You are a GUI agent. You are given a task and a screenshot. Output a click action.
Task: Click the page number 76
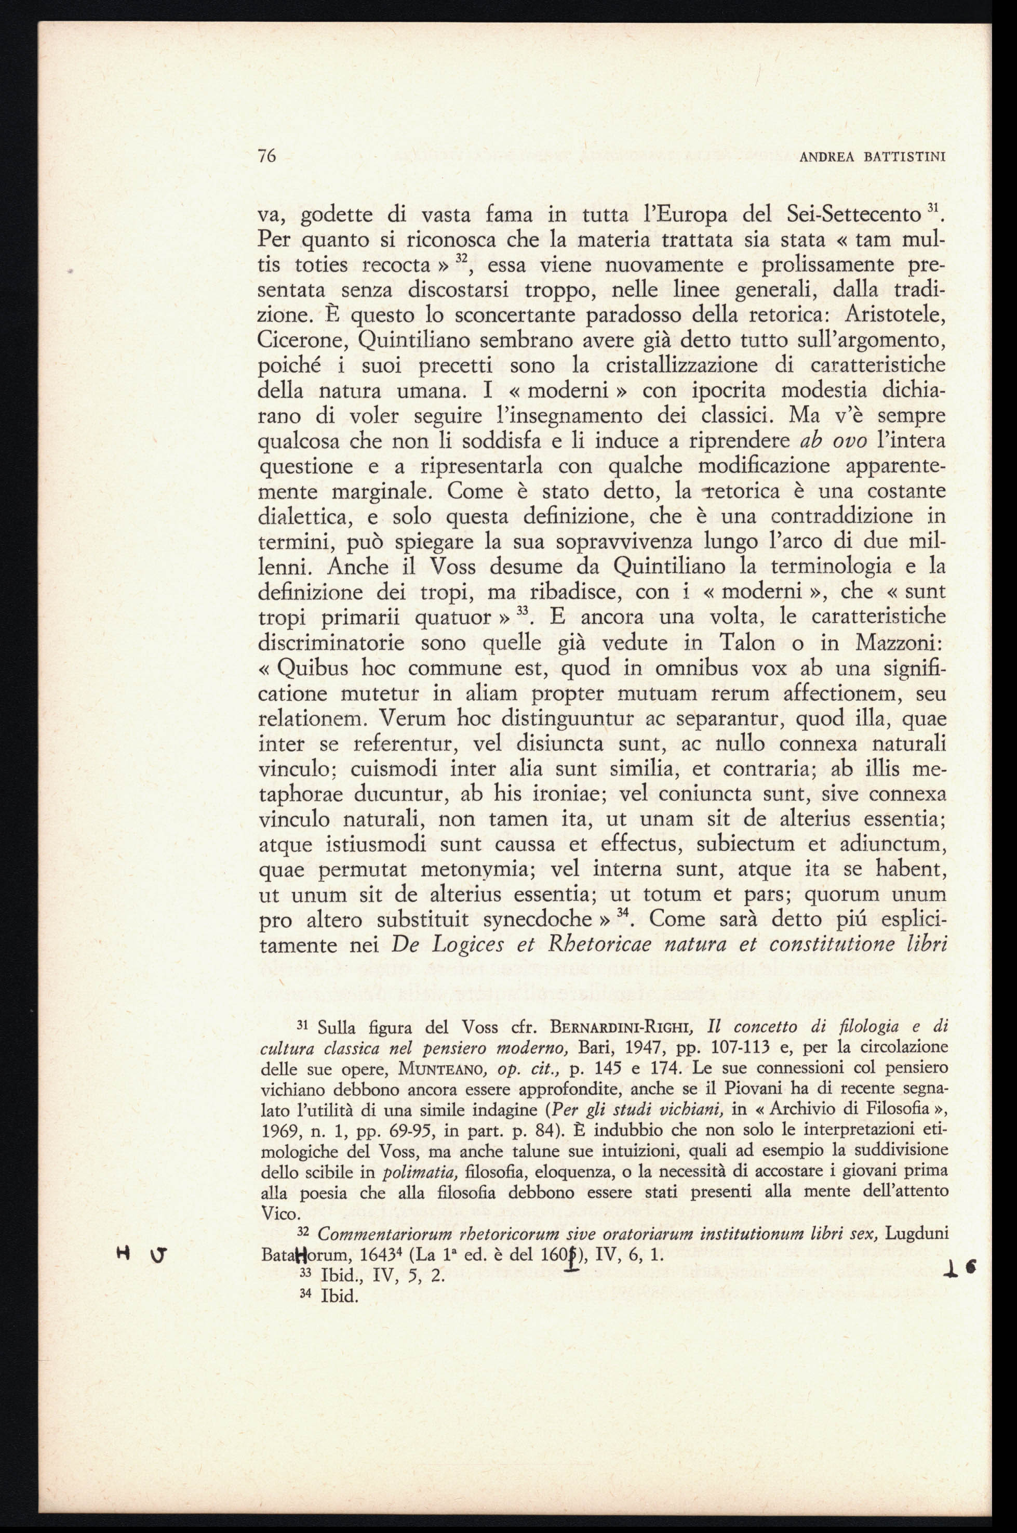[x=267, y=156]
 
